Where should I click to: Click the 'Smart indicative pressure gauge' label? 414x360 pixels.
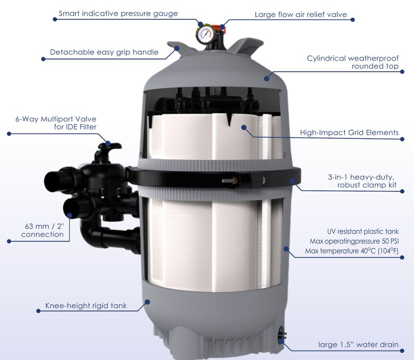click(118, 13)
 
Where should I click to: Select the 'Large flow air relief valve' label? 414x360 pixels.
click(301, 15)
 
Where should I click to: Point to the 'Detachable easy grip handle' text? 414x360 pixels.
click(104, 52)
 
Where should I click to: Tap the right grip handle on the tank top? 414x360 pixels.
click(243, 46)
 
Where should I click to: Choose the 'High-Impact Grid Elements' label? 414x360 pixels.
click(349, 132)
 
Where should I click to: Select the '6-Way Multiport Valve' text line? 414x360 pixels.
click(56, 119)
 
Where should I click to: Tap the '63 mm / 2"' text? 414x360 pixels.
click(44, 226)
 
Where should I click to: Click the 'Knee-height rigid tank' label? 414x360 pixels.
click(86, 306)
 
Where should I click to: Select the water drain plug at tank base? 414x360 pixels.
click(282, 334)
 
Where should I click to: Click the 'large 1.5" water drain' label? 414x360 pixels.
click(358, 344)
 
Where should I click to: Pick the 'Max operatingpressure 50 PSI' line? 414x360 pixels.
click(354, 241)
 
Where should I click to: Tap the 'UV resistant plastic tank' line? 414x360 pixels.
click(363, 231)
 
